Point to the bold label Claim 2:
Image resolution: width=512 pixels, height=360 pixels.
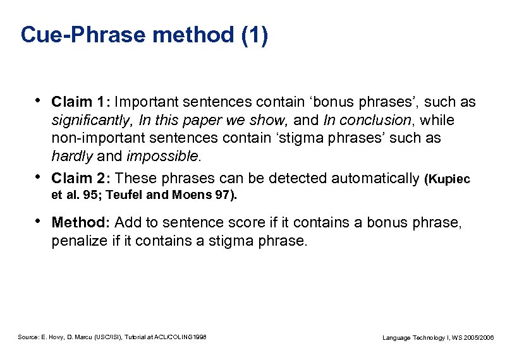pyautogui.click(x=82, y=179)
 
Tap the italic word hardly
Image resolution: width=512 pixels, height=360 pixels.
pyautogui.click(x=72, y=155)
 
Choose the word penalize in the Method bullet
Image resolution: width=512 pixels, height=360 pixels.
pyautogui.click(x=78, y=240)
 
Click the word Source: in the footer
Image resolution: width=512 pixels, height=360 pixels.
pyautogui.click(x=28, y=337)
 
